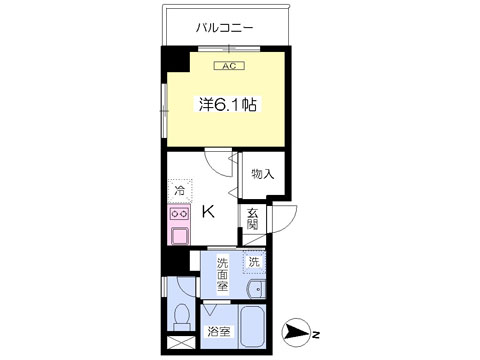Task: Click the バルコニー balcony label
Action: [224, 28]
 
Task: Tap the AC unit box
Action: [229, 66]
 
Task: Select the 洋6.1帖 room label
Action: [228, 104]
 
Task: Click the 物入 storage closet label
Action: [263, 174]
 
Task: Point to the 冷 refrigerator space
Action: [180, 191]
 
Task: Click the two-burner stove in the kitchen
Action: [179, 214]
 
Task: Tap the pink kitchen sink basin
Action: [179, 236]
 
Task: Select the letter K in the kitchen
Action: [209, 211]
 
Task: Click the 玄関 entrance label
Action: [253, 219]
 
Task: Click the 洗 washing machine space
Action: [254, 262]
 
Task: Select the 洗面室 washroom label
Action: [222, 274]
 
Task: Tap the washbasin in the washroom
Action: [257, 289]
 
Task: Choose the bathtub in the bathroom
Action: [252, 327]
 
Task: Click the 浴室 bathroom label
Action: [219, 331]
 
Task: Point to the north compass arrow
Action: [296, 333]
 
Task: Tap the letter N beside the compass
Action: [316, 334]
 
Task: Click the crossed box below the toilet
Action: [180, 343]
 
